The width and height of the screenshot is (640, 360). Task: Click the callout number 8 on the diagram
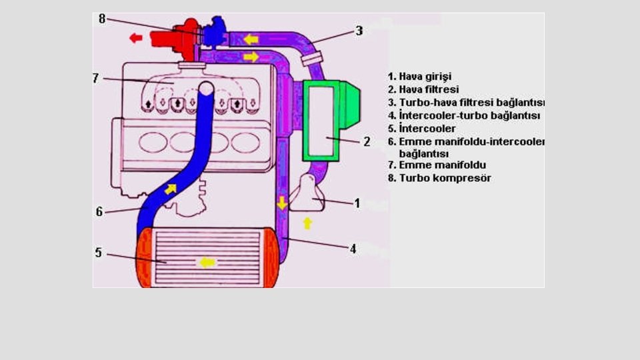(102, 19)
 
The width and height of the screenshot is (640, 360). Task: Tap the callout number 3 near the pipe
(359, 31)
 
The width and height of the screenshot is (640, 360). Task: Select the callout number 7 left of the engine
(96, 78)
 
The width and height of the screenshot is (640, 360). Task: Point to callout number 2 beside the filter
(366, 141)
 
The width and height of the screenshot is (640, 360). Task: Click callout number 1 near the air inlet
(357, 203)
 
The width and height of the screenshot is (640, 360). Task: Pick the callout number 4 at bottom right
(353, 248)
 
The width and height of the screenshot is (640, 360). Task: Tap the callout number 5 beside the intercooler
(99, 253)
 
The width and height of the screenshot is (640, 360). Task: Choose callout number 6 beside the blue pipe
(99, 211)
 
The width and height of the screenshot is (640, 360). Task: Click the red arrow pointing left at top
(136, 38)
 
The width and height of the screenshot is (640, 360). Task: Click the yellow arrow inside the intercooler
(207, 262)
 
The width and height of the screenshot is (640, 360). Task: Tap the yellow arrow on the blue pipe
(171, 189)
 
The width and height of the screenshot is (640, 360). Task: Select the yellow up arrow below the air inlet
(307, 223)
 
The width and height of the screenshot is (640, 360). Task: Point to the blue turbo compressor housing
(215, 30)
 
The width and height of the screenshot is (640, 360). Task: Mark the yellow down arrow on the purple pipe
(283, 202)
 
